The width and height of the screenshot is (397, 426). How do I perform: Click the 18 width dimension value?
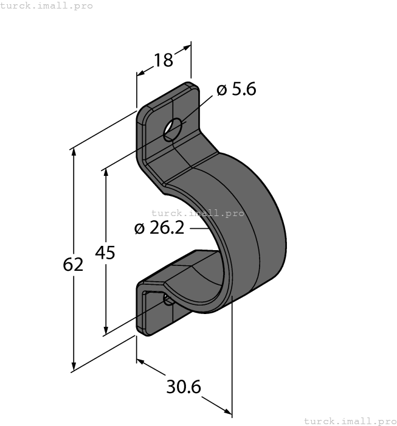coord(163,60)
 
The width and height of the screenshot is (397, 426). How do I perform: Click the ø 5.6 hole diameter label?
coord(236,90)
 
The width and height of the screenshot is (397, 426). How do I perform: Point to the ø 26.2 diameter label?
coord(159,228)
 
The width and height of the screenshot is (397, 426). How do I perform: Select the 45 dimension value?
coord(105,252)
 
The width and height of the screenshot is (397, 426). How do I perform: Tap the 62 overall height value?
coord(73,265)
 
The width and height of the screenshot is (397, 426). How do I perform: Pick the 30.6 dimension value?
coord(184,386)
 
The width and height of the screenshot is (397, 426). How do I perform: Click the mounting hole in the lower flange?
coord(167,298)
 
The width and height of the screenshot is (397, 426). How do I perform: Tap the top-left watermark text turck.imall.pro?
coord(47,5)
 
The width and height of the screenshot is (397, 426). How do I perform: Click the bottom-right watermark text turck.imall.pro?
coord(350,421)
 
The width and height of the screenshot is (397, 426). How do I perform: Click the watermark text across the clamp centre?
coord(198,213)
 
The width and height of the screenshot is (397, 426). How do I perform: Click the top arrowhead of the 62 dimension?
coord(74,152)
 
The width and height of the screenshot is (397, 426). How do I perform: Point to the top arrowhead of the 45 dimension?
coord(106,172)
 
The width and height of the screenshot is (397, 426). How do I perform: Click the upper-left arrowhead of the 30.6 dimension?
coord(140,361)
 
